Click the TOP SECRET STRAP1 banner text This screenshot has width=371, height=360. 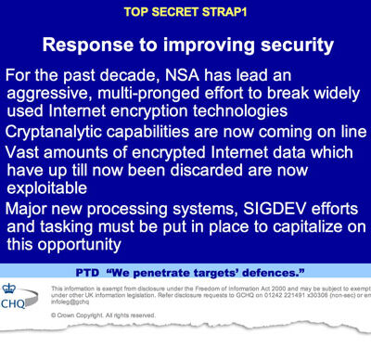click(185, 13)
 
